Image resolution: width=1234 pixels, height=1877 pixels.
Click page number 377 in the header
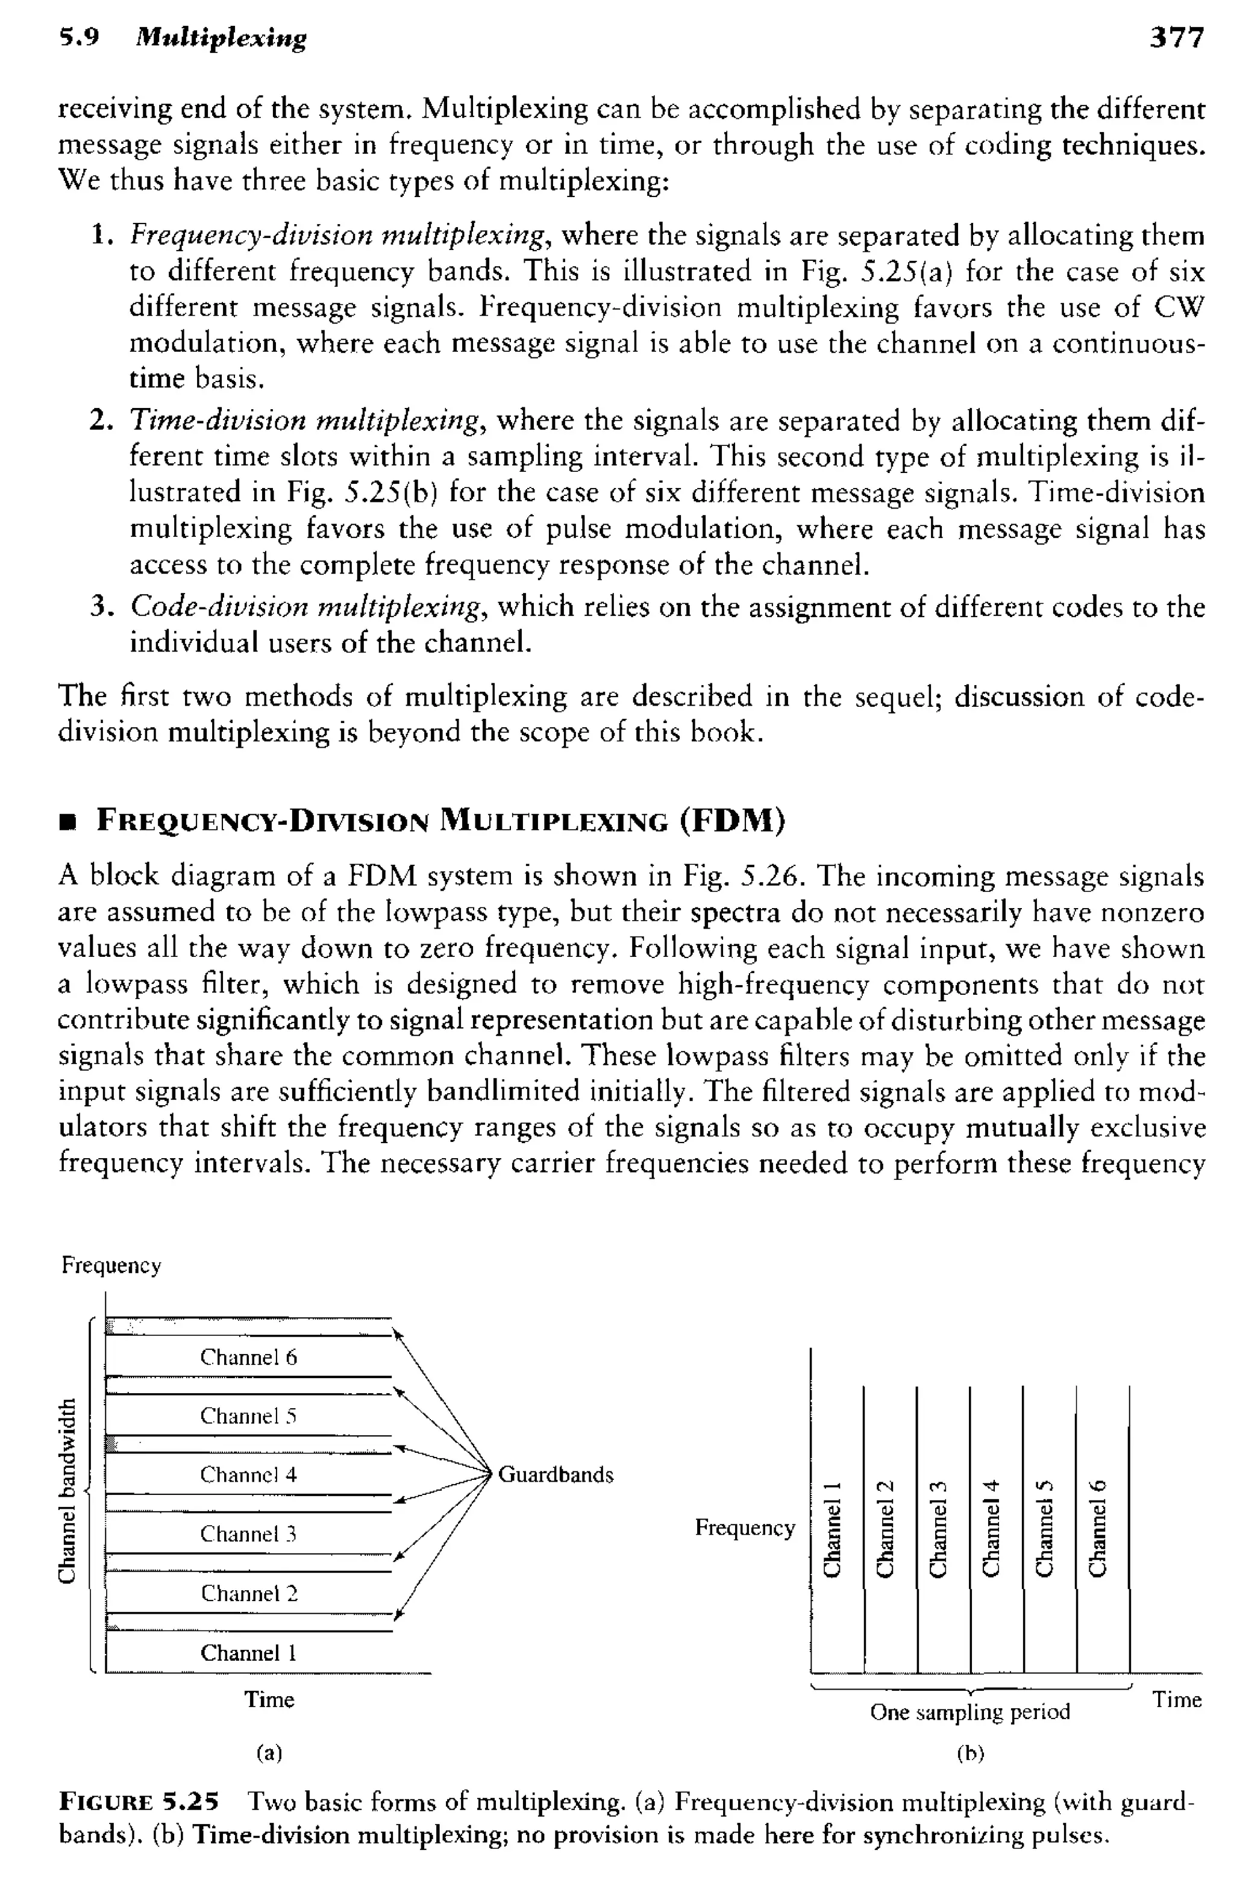[x=1176, y=38]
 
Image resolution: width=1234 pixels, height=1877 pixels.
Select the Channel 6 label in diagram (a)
[x=248, y=1357]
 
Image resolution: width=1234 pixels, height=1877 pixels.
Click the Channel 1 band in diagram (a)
[x=248, y=1652]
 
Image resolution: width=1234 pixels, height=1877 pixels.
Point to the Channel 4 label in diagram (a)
[x=248, y=1475]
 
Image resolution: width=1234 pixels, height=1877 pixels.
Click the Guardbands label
[x=556, y=1475]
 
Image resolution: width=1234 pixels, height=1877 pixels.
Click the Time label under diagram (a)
[x=269, y=1699]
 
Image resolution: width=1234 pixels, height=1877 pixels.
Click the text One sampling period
[x=970, y=1712]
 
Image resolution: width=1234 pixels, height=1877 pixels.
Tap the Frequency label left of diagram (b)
[x=744, y=1528]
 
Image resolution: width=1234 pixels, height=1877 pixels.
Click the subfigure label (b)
[x=971, y=1753]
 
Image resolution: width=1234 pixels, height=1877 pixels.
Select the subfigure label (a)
[x=269, y=1752]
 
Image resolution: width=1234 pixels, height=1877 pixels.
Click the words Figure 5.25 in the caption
[x=139, y=1802]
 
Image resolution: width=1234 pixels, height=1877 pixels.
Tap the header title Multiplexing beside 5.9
[x=221, y=38]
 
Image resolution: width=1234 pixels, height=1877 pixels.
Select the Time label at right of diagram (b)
[x=1176, y=1699]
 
